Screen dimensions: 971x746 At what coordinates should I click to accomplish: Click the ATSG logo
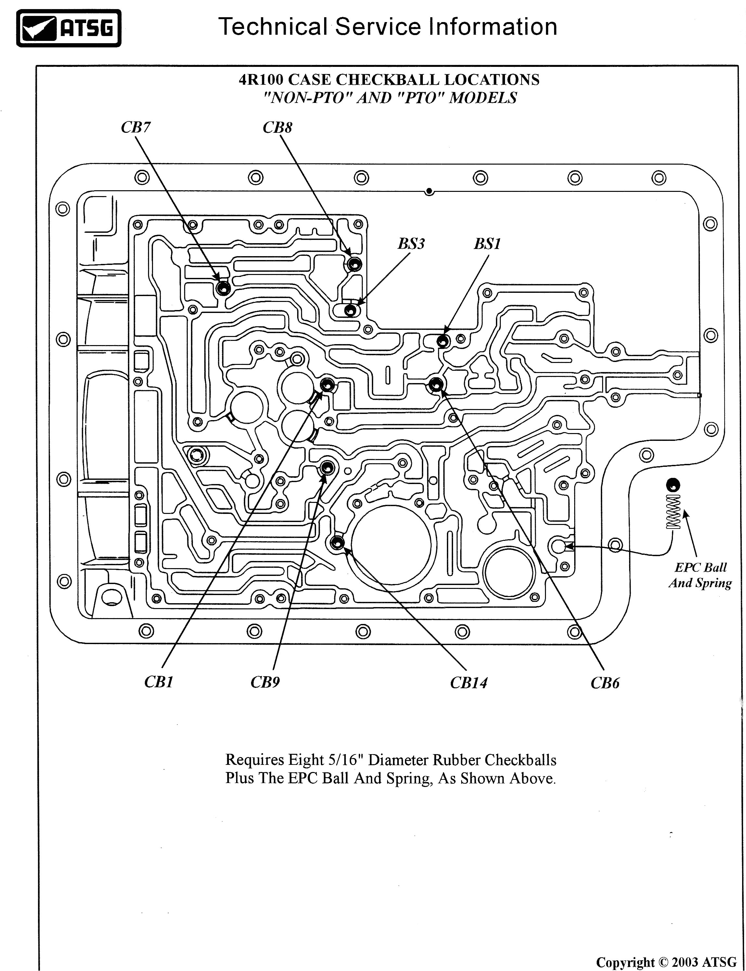point(69,28)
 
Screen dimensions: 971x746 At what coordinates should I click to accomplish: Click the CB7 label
point(135,127)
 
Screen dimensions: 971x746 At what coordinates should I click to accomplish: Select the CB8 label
point(278,127)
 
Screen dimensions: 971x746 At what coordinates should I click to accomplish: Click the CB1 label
point(158,682)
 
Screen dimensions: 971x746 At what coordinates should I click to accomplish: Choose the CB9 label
point(265,682)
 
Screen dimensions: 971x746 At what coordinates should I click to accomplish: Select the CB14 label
point(468,682)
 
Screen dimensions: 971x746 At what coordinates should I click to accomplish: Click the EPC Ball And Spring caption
point(700,575)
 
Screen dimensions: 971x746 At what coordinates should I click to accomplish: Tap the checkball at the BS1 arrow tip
point(443,341)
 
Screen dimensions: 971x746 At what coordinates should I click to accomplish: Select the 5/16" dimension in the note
point(343,760)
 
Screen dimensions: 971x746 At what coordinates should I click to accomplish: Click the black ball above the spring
point(674,485)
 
